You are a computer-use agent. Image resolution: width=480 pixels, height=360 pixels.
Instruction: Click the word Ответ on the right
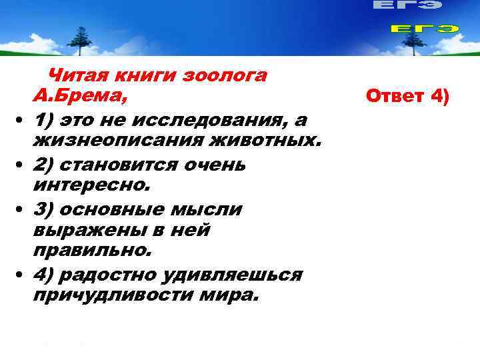[x=395, y=97]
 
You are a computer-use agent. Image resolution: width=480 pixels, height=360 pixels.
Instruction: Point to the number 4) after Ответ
[x=440, y=97]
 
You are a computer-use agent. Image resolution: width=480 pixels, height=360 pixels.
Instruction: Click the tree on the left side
[x=80, y=42]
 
